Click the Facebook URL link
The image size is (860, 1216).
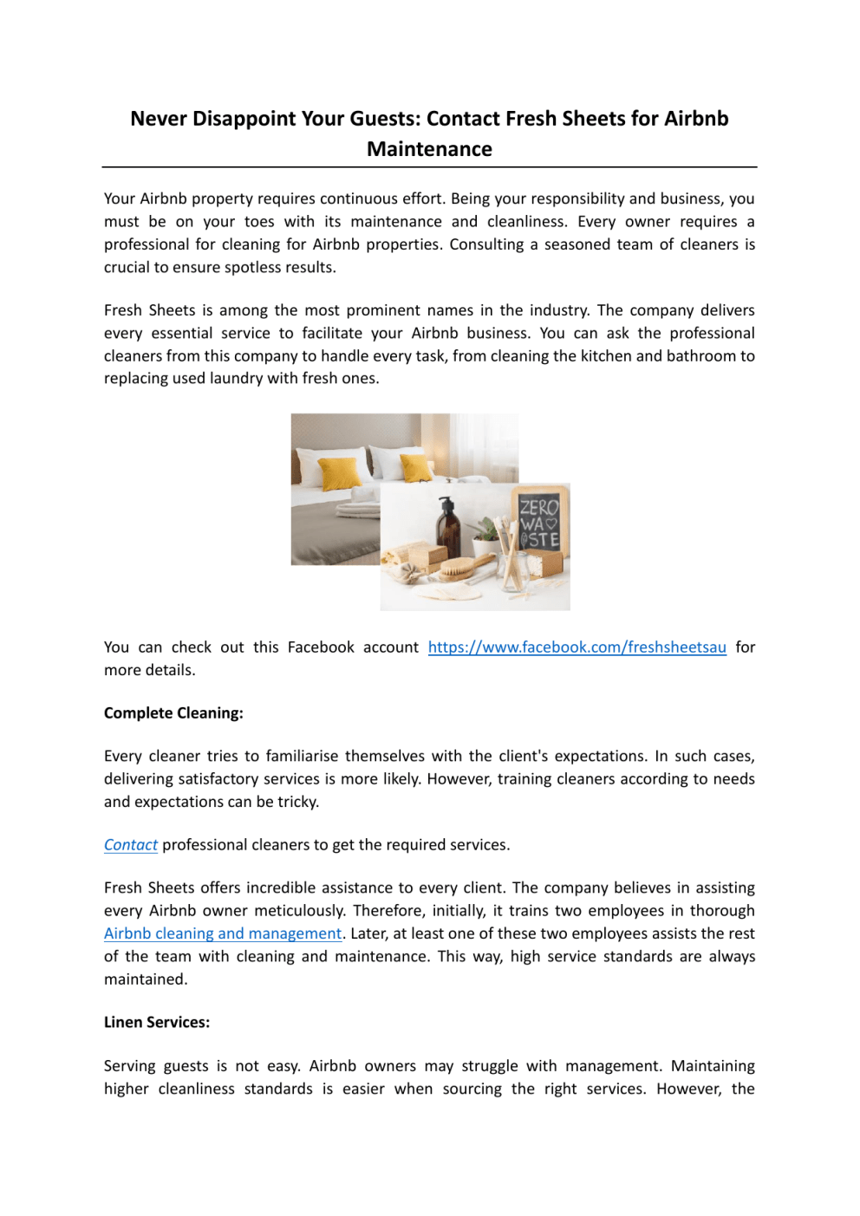coord(577,647)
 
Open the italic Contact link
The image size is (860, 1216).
coord(131,845)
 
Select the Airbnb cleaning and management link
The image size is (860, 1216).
coord(223,933)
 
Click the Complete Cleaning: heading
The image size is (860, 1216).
coord(173,713)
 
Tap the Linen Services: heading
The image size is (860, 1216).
coord(157,1023)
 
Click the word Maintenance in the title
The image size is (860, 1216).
coord(429,149)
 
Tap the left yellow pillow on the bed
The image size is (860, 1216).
coord(341,472)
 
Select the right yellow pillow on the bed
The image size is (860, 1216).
coord(416,468)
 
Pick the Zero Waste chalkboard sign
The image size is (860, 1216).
coord(538,523)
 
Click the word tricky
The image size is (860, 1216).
coord(297,802)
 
